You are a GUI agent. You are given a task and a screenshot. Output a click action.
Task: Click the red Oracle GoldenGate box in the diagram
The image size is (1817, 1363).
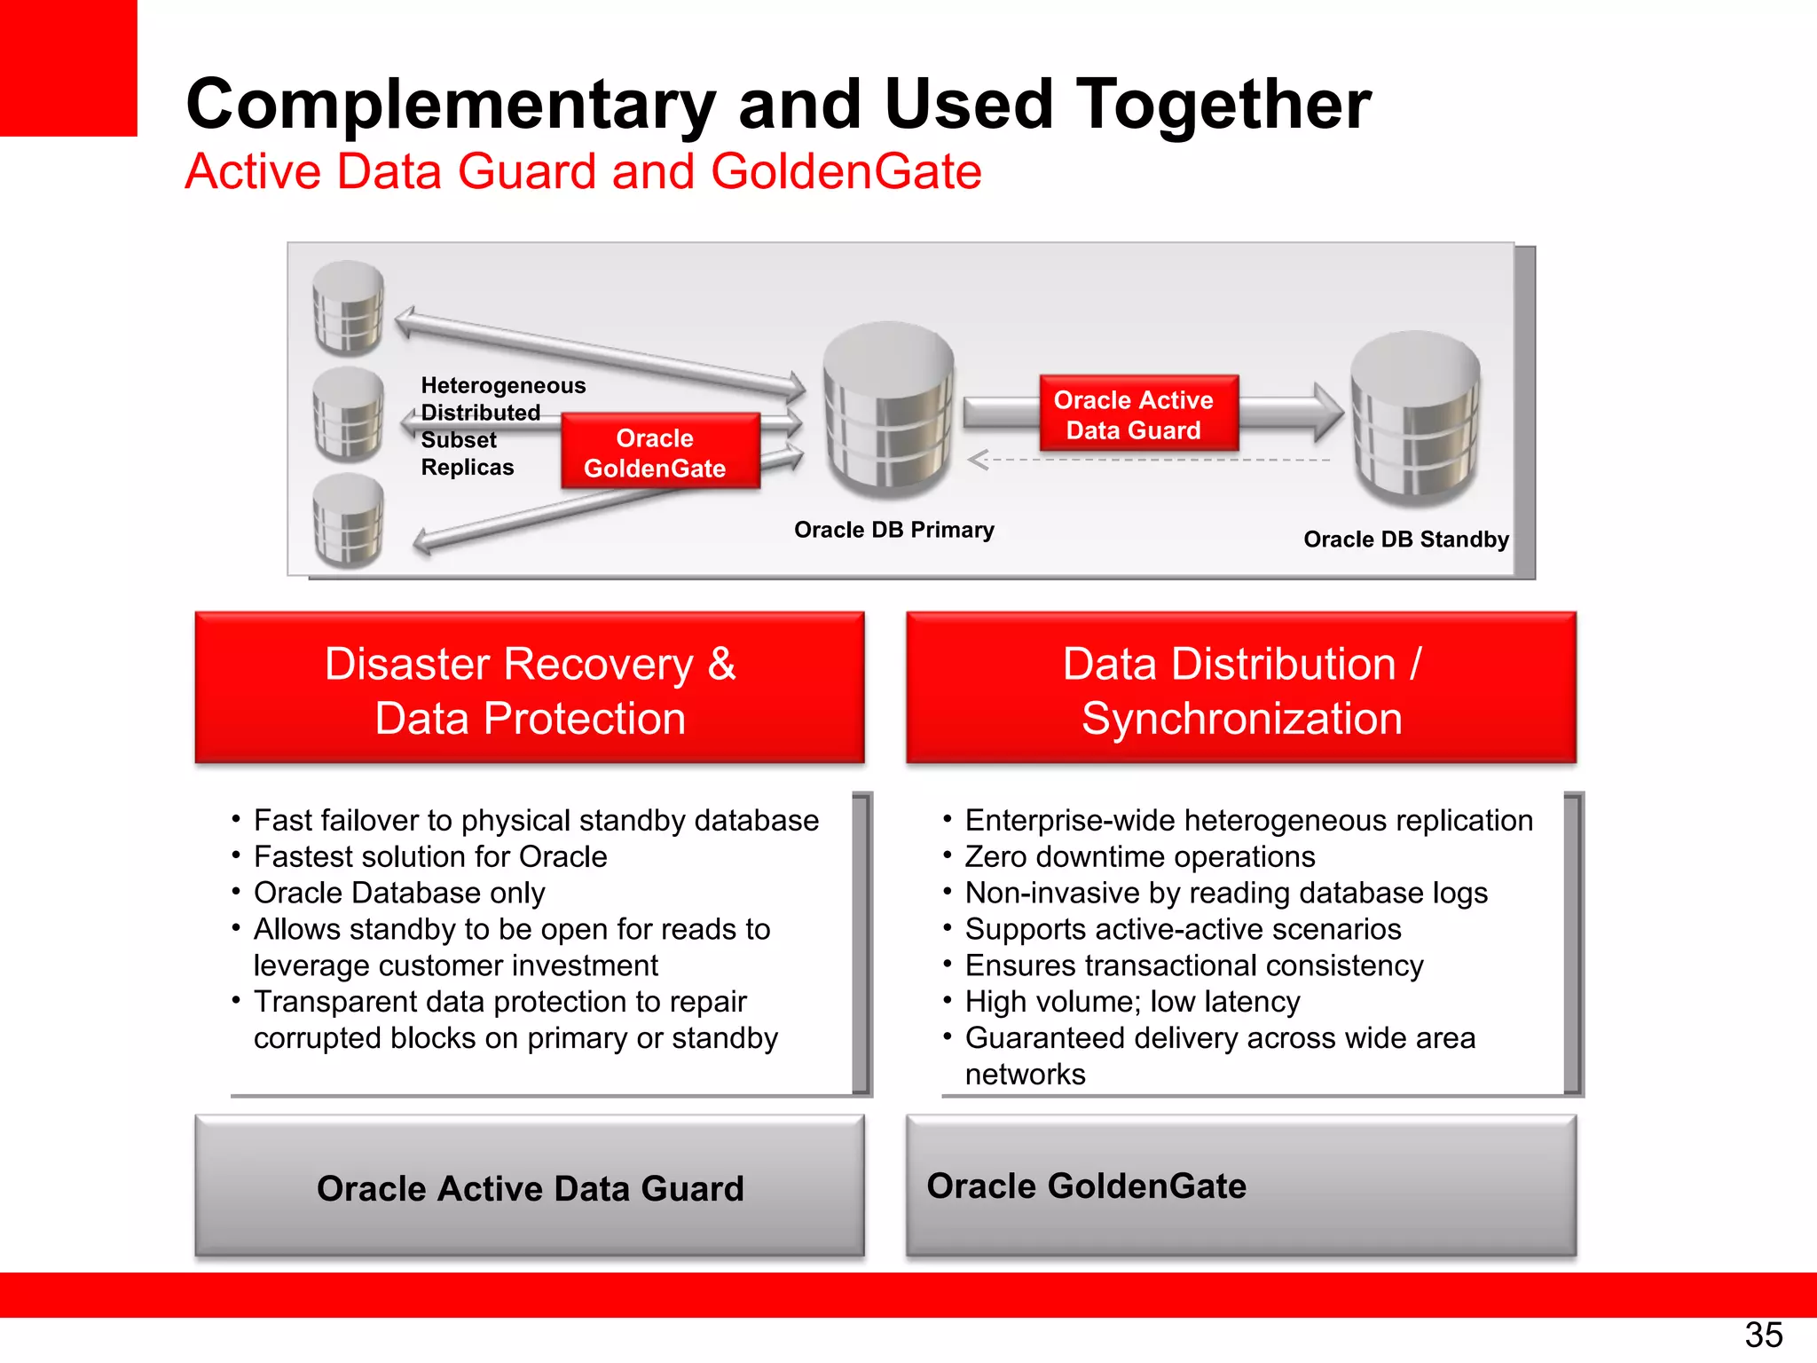(660, 452)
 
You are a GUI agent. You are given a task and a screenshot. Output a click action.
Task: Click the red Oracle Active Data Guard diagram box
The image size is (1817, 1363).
(1137, 414)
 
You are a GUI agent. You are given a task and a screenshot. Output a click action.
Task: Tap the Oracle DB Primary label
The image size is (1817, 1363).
(893, 530)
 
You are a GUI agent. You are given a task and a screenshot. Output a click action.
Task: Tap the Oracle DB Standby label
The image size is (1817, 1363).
(1405, 540)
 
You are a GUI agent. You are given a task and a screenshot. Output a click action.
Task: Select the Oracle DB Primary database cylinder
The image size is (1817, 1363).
(888, 410)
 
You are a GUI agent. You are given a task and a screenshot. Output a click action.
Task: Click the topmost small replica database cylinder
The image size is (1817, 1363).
(349, 308)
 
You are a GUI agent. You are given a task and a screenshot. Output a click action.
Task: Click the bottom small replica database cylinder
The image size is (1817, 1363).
(349, 521)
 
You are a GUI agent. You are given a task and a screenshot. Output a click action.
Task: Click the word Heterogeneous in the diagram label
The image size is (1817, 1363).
(503, 385)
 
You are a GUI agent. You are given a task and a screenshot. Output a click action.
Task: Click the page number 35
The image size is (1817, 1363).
(1763, 1335)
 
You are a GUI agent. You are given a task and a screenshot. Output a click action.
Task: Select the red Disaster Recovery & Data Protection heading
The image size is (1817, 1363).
(530, 689)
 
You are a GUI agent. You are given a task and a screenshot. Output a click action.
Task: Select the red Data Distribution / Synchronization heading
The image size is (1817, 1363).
(1240, 689)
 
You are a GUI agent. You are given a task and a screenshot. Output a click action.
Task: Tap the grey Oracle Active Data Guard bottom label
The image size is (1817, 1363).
(530, 1187)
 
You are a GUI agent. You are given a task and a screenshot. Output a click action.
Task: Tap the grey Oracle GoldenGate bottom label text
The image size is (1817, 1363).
(1086, 1186)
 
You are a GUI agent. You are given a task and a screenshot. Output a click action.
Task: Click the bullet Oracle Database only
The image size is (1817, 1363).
(399, 893)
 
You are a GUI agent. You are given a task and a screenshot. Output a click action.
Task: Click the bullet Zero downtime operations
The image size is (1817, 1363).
(1139, 856)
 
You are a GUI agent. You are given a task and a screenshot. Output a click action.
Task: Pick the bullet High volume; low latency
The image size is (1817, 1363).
(1132, 1002)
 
